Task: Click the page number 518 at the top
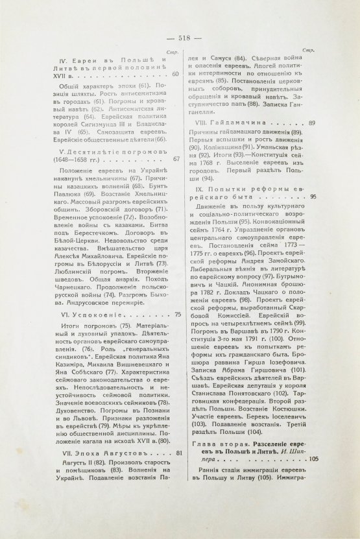click(180, 38)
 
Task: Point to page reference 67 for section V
click(176, 158)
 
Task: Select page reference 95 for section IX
click(313, 197)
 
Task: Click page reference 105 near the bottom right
click(310, 460)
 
